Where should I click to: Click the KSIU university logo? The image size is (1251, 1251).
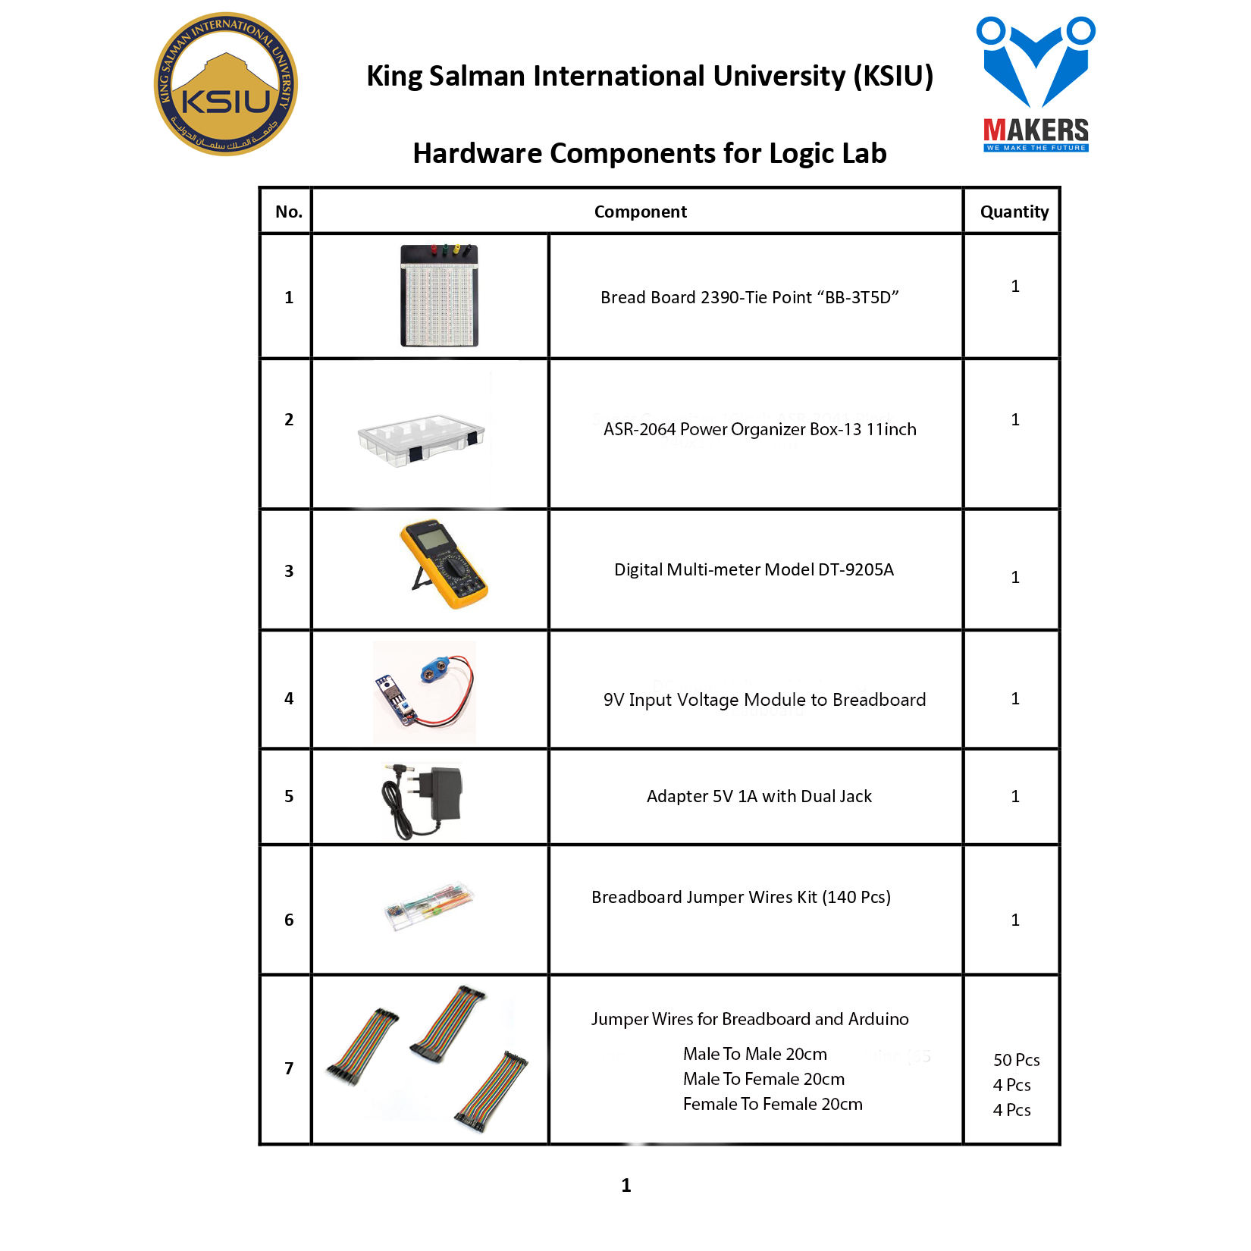pos(226,84)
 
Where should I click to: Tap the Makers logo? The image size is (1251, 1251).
pos(1036,84)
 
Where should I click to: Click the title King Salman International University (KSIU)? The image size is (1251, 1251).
pos(650,76)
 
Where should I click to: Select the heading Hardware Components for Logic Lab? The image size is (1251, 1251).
pos(650,153)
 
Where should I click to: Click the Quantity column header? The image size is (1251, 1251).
pos(1014,212)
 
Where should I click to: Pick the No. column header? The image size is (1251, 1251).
pos(289,212)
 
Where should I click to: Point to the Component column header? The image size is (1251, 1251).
pos(641,212)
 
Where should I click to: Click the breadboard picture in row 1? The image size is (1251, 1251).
pos(440,295)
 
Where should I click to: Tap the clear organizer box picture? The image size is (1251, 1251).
pos(422,439)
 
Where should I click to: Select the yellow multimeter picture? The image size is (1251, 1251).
pos(444,564)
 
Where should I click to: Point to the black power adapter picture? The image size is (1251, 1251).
pos(422,800)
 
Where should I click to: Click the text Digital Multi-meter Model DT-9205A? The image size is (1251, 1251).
pos(754,569)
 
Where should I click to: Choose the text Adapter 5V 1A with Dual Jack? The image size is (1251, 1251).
pos(759,796)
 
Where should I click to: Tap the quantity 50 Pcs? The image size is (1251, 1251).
pos(1017,1060)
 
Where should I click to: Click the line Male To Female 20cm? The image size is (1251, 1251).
pos(763,1079)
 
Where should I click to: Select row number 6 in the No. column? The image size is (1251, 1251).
pos(289,920)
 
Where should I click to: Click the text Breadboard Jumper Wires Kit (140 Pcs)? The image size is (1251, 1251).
pos(741,897)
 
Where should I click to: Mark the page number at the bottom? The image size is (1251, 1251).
pos(626,1185)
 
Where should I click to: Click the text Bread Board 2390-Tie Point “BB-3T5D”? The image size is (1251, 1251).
pos(750,297)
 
